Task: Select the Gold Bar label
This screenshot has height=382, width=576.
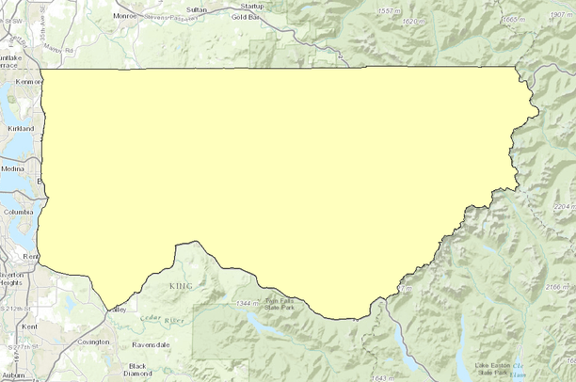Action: tap(247, 17)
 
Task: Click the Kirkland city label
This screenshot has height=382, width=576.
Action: tap(20, 128)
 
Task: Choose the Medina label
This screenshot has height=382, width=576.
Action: tap(14, 169)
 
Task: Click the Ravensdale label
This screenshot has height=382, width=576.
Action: tap(151, 344)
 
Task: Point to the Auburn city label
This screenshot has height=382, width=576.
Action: tap(12, 375)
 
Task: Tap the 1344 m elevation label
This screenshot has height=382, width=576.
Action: tap(247, 303)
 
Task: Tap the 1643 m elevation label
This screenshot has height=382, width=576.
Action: tap(373, 377)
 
